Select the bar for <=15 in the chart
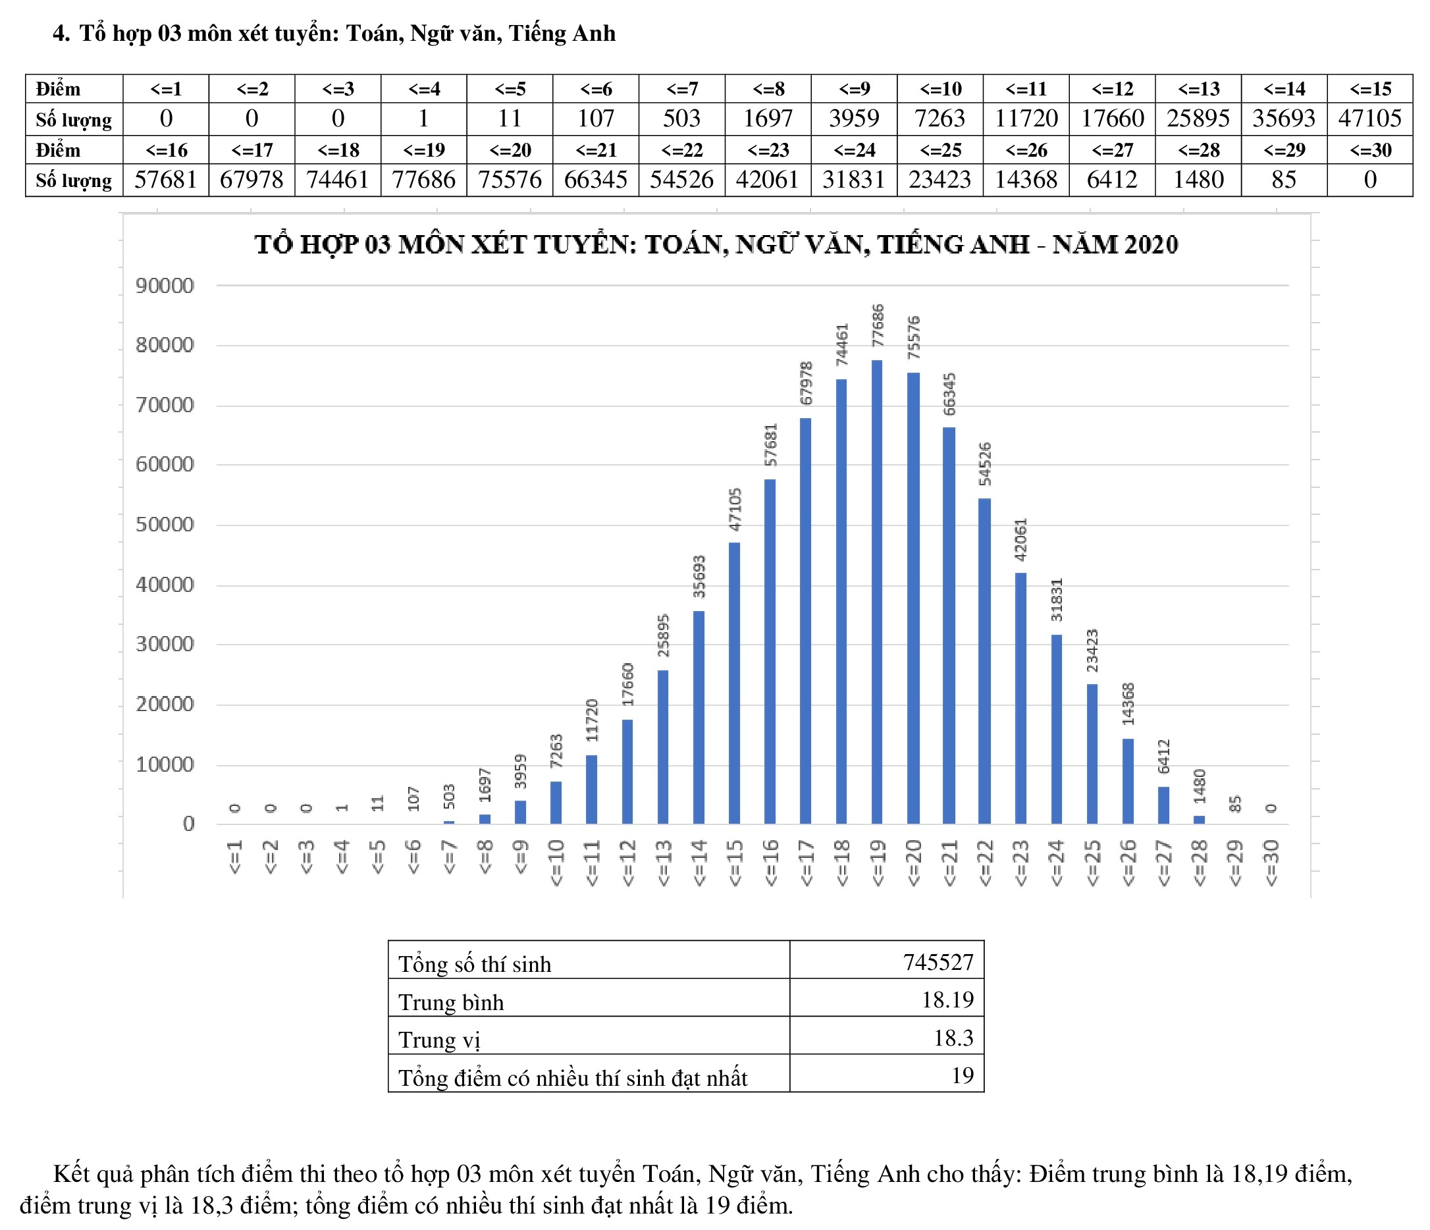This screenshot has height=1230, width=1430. click(x=734, y=683)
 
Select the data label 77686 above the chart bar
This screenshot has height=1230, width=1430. click(x=877, y=325)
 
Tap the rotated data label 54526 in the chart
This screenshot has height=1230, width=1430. click(x=985, y=463)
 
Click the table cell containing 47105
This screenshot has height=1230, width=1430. click(x=1369, y=119)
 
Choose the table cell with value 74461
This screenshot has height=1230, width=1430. click(x=338, y=180)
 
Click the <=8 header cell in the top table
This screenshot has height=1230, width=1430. click(x=768, y=89)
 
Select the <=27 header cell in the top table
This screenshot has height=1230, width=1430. click(x=1112, y=149)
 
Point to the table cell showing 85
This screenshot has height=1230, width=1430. click(x=1284, y=180)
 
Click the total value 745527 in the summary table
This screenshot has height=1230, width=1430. click(x=938, y=962)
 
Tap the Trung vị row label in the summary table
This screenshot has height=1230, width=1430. click(x=439, y=1040)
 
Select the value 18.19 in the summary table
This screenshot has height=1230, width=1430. click(x=947, y=1000)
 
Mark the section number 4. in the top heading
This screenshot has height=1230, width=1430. click(x=61, y=33)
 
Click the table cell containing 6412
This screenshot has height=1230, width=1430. click(x=1112, y=180)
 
